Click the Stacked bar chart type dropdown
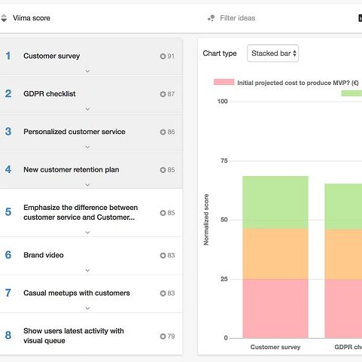click(x=272, y=53)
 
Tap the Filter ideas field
click(x=237, y=18)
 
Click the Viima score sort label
click(x=32, y=18)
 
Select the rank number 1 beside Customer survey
click(x=8, y=56)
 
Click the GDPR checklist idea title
click(x=50, y=94)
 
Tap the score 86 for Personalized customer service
click(x=171, y=132)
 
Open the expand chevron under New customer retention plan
click(x=87, y=185)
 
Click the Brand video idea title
click(x=44, y=255)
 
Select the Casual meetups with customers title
click(x=77, y=293)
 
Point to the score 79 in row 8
click(x=171, y=336)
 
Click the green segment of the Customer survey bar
click(x=275, y=202)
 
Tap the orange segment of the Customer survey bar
click(x=275, y=254)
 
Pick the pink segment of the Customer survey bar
click(x=275, y=309)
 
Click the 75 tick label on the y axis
click(x=224, y=161)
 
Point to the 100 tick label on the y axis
click(x=223, y=102)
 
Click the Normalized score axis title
click(x=206, y=220)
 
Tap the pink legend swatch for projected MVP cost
click(x=224, y=82)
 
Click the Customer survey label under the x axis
click(x=275, y=347)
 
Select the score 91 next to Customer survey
click(x=171, y=56)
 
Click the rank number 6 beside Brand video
click(x=8, y=255)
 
